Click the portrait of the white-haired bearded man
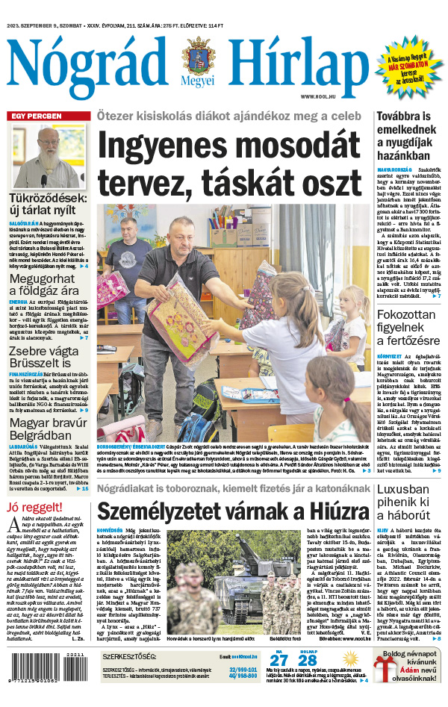pyautogui.click(x=48, y=156)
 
